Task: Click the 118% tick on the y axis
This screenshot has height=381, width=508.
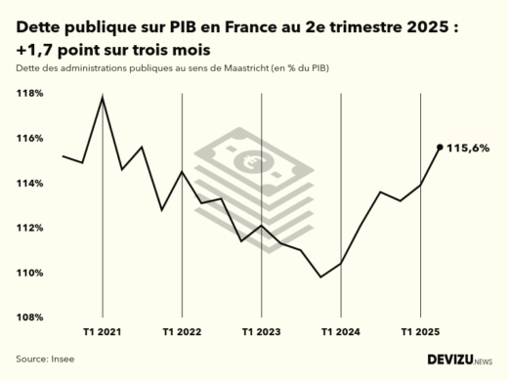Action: coord(29,94)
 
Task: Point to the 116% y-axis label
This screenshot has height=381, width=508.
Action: coord(29,139)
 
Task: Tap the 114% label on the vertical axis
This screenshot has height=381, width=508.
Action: coord(29,184)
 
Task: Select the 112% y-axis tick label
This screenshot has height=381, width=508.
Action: coord(29,228)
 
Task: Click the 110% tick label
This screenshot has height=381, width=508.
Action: coord(29,273)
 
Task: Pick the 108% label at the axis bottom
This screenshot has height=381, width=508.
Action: coord(29,317)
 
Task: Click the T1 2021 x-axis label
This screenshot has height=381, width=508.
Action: coord(103,332)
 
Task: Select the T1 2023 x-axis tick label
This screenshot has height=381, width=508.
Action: coord(261,332)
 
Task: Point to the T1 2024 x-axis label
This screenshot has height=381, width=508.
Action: coord(340,332)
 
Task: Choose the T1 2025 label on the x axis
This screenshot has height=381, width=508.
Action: coord(419,332)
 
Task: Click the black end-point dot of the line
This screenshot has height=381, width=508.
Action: coord(440,148)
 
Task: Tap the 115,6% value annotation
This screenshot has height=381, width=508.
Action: coord(468,148)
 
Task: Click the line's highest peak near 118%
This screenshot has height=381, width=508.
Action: coord(103,98)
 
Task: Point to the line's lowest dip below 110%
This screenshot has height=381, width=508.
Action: coord(320,276)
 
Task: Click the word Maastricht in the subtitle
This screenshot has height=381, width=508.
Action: coord(228,67)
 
